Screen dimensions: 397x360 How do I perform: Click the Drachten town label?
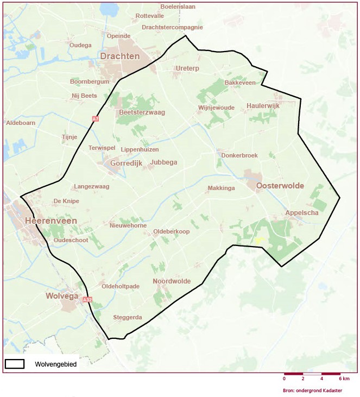(x=120, y=56)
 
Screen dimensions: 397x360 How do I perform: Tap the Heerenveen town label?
(x=50, y=220)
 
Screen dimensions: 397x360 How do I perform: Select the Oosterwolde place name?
(x=280, y=186)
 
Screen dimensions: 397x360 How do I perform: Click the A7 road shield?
(x=96, y=118)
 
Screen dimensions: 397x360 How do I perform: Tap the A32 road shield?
(x=88, y=299)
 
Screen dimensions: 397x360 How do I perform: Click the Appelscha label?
(x=302, y=213)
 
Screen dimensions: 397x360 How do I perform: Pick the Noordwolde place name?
(x=172, y=281)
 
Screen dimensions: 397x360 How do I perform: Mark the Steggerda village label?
(x=128, y=317)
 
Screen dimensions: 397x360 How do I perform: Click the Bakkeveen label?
(x=239, y=83)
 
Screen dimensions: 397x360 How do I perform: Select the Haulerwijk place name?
(x=263, y=105)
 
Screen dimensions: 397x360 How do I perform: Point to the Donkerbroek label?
(x=239, y=155)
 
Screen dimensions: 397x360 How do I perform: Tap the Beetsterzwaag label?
(x=141, y=112)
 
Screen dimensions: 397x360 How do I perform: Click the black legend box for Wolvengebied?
(x=15, y=364)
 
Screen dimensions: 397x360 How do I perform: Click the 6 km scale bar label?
(x=345, y=379)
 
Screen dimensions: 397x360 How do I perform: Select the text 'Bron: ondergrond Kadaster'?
(x=313, y=390)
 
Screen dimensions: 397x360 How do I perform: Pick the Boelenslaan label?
(x=178, y=7)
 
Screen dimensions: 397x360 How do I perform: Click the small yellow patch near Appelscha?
(x=260, y=240)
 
